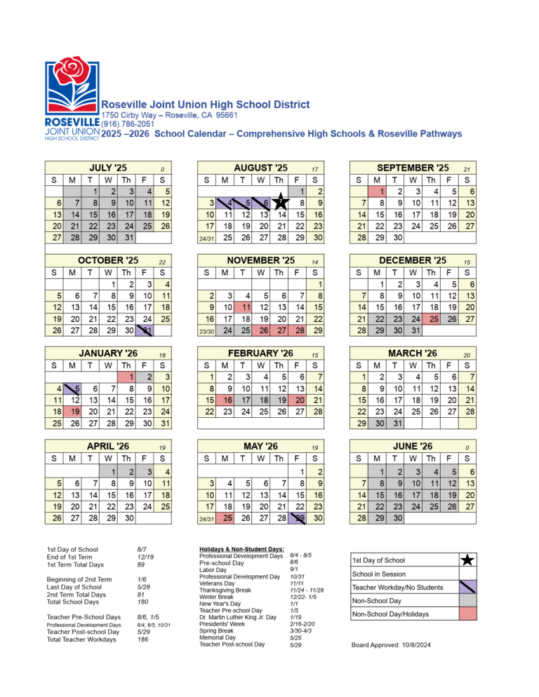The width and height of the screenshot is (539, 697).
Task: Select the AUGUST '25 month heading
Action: point(260,168)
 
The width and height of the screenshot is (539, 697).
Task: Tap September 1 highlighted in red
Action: point(377,191)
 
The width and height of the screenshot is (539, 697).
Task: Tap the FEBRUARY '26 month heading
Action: point(260,353)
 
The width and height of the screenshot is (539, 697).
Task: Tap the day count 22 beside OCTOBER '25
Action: point(162,262)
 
